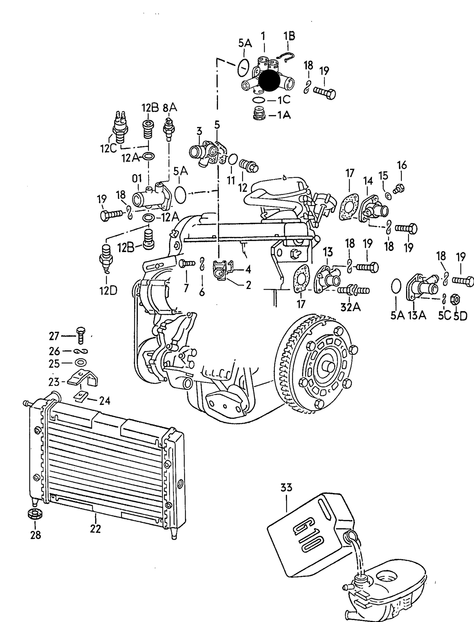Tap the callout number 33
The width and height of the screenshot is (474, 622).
[x=286, y=487]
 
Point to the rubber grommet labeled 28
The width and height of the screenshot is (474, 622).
[x=35, y=514]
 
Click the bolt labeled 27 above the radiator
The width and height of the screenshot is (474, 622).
[x=80, y=335]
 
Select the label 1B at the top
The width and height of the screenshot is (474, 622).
[x=289, y=36]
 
